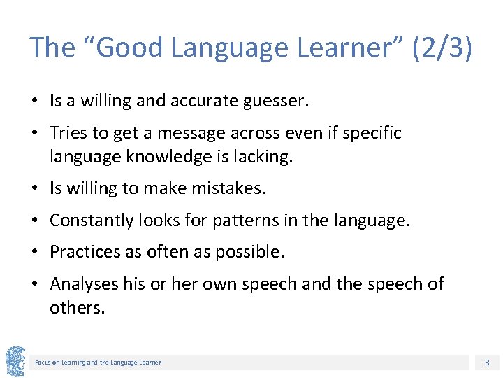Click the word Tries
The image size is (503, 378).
(x=68, y=133)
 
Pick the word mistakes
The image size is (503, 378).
(x=227, y=188)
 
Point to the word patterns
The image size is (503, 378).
(x=242, y=220)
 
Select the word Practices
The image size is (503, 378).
(x=82, y=252)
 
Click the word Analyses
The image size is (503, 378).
(x=80, y=284)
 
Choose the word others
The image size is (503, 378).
(x=77, y=308)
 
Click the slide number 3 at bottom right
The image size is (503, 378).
(x=486, y=362)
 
